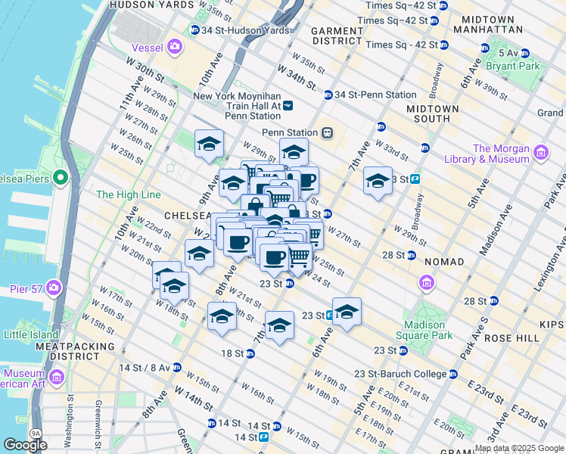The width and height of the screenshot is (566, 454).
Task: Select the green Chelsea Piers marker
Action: pyautogui.click(x=61, y=179)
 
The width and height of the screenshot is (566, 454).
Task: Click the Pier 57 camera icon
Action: pyautogui.click(x=53, y=288)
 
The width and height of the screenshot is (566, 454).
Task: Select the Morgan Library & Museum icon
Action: pyautogui.click(x=541, y=154)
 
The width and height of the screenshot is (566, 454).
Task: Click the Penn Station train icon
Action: pyautogui.click(x=328, y=132)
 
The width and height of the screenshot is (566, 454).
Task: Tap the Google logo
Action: pyautogui.click(x=25, y=444)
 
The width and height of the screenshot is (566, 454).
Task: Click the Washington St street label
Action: pyautogui.click(x=70, y=420)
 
